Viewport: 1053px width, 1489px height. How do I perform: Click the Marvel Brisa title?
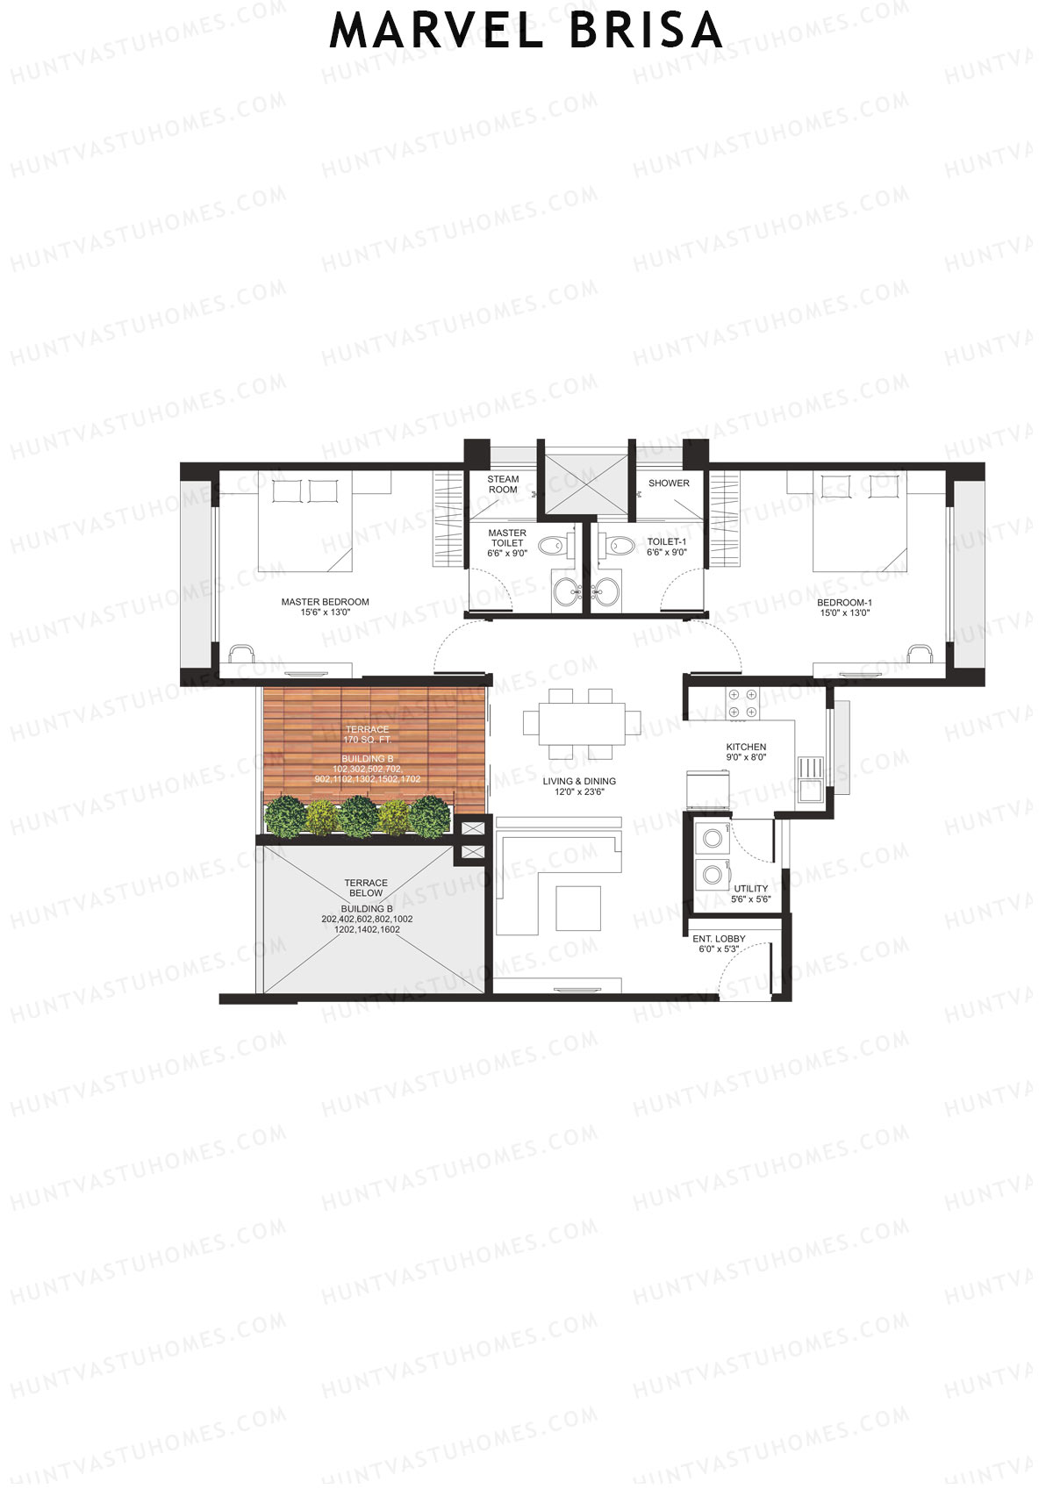click(526, 31)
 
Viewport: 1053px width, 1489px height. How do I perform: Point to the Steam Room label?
click(503, 484)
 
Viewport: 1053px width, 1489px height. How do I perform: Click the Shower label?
click(669, 483)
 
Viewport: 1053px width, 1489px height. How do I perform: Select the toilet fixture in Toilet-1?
click(620, 546)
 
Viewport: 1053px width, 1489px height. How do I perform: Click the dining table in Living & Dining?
click(575, 723)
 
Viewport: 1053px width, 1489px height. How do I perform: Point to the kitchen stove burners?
click(741, 704)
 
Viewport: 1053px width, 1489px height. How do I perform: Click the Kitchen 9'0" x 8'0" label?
click(746, 752)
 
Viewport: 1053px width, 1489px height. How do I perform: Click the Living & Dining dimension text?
click(579, 792)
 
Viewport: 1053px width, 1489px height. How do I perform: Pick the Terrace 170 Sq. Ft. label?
click(367, 735)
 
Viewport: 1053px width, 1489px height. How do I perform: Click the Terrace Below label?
click(366, 888)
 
